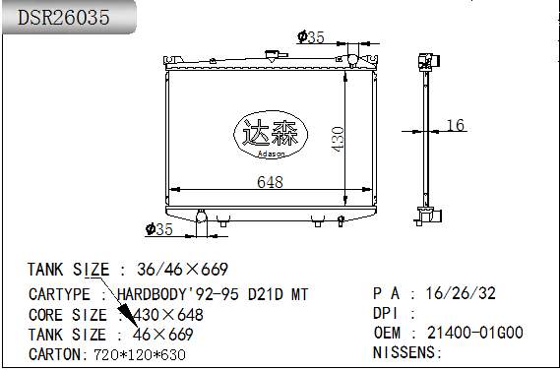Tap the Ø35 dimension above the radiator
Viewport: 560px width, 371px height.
[x=310, y=37]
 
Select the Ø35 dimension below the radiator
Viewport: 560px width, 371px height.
[x=158, y=229]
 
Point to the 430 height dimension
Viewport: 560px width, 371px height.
[x=338, y=139]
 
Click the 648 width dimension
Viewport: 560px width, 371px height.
[x=270, y=182]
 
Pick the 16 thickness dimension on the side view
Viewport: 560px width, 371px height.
[x=455, y=125]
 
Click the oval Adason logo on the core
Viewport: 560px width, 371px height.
[x=269, y=135]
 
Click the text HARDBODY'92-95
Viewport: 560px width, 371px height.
[x=178, y=294]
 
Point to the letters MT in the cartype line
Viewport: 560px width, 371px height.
[x=297, y=294]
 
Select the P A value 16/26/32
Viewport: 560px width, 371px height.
[x=461, y=294]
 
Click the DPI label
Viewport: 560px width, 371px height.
[x=386, y=314]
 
